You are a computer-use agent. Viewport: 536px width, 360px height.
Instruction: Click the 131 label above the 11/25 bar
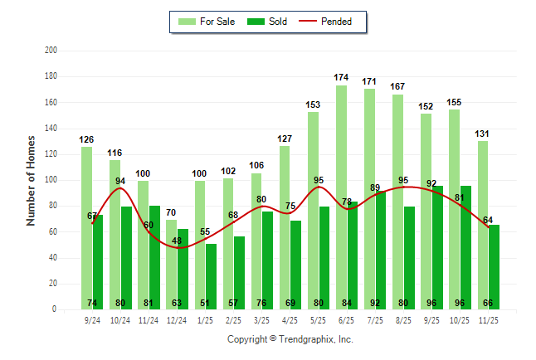pyautogui.click(x=483, y=133)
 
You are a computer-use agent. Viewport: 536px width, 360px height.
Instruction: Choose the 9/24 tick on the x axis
pyautogui.click(x=91, y=319)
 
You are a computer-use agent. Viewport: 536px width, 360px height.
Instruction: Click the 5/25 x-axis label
pyautogui.click(x=318, y=319)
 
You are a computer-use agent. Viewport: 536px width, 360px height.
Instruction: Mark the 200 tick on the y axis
pyautogui.click(x=51, y=51)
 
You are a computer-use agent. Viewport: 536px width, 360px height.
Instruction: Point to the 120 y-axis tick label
pyautogui.click(x=51, y=154)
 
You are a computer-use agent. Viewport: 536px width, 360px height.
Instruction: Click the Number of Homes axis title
pyautogui.click(x=31, y=180)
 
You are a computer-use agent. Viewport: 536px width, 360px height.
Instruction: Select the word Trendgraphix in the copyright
pyautogui.click(x=310, y=339)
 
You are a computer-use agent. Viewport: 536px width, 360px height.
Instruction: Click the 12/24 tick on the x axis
pyautogui.click(x=177, y=319)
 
